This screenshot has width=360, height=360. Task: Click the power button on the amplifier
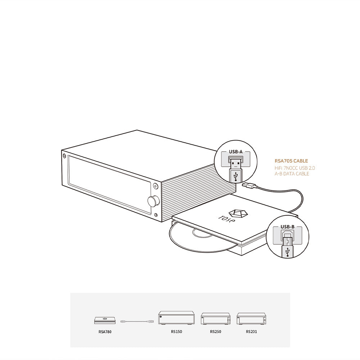pos(156,186)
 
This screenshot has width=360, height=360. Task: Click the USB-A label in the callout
pos(235,152)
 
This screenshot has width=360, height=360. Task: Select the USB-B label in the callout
pos(288,227)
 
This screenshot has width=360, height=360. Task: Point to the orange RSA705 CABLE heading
pos(291,161)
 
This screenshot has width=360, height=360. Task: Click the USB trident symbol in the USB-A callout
pos(235,176)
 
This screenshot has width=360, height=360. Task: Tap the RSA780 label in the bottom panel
pos(105,331)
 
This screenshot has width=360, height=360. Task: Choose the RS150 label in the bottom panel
pos(176,331)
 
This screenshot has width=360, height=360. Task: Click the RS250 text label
pos(215,331)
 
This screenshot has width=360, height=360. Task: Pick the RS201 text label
pos(251,331)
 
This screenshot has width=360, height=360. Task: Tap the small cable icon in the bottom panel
pos(138,320)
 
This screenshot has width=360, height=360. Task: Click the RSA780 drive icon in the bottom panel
pos(105,320)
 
